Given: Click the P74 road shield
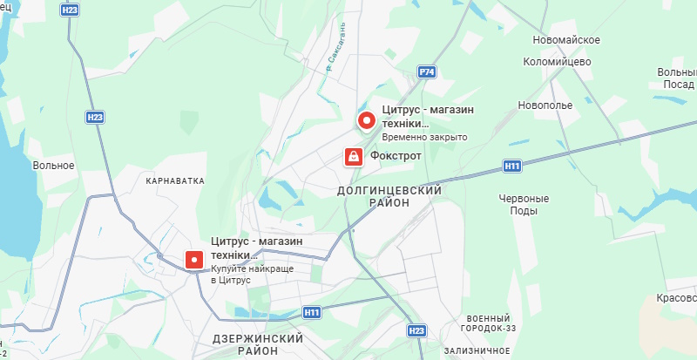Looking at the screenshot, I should pyautogui.click(x=426, y=71).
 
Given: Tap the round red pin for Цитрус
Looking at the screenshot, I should pyautogui.click(x=366, y=121).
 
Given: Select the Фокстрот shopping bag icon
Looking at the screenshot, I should pyautogui.click(x=354, y=156).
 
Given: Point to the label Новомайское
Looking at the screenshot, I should pyautogui.click(x=567, y=41).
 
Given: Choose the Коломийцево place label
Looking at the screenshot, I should pyautogui.click(x=558, y=62).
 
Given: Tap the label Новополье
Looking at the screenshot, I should pyautogui.click(x=545, y=105).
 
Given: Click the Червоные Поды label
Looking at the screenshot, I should pyautogui.click(x=524, y=204).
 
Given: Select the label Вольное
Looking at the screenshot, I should pyautogui.click(x=53, y=165).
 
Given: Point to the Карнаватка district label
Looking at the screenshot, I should pyautogui.click(x=175, y=181).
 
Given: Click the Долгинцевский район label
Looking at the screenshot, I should pyautogui.click(x=389, y=195).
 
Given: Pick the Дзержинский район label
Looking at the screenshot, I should pyautogui.click(x=258, y=343).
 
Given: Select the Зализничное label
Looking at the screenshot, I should pyautogui.click(x=477, y=350).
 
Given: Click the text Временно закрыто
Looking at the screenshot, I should pyautogui.click(x=425, y=138).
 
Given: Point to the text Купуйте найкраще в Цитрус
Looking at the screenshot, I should pyautogui.click(x=252, y=274).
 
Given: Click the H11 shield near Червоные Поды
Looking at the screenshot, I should pyautogui.click(x=512, y=165).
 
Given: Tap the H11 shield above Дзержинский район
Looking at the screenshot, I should pyautogui.click(x=313, y=311).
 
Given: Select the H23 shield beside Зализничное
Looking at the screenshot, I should pyautogui.click(x=417, y=330).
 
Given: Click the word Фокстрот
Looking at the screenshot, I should pyautogui.click(x=396, y=156).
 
